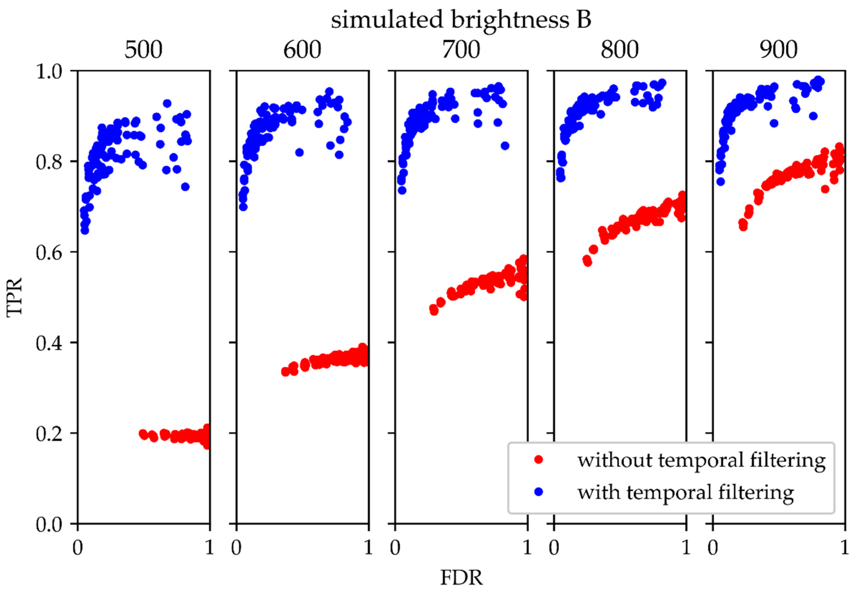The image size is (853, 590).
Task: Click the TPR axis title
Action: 15,297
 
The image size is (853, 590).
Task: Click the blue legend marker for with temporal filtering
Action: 539,492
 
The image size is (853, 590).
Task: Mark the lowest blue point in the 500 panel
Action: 85,230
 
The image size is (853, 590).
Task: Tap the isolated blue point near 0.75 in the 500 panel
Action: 185,187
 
